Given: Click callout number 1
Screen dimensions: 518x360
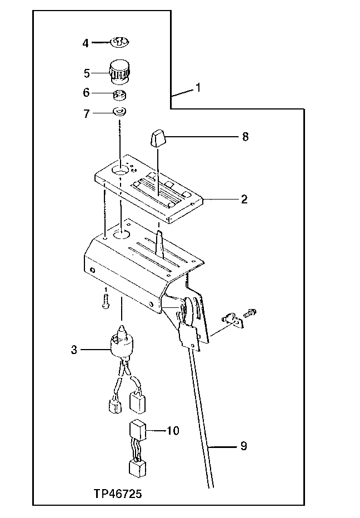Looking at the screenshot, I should [199, 88].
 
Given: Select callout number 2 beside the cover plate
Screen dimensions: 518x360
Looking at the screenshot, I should [244, 198].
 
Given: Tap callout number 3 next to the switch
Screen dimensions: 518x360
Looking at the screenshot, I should [74, 350].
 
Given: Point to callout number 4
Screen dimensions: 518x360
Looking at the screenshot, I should [86, 43].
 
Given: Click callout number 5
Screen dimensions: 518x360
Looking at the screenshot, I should [86, 72].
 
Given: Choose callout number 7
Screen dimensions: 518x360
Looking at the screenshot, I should [86, 113].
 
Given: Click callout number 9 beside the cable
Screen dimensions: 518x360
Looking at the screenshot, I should [244, 445].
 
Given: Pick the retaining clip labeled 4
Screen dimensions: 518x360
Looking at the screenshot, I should [119, 42].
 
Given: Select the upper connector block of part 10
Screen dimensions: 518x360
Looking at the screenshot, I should [137, 430].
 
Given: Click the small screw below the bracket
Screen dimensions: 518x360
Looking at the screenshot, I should [105, 301].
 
